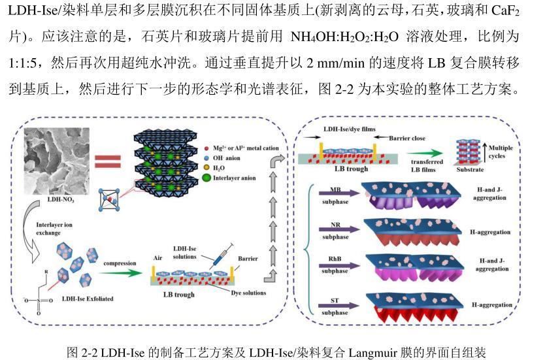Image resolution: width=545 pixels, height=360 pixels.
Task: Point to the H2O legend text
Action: (x=227, y=167)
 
